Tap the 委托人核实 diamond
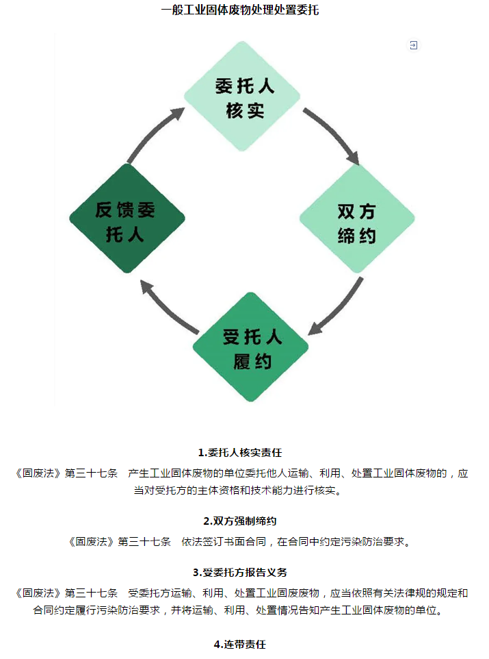click(243, 97)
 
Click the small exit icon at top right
click(413, 45)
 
